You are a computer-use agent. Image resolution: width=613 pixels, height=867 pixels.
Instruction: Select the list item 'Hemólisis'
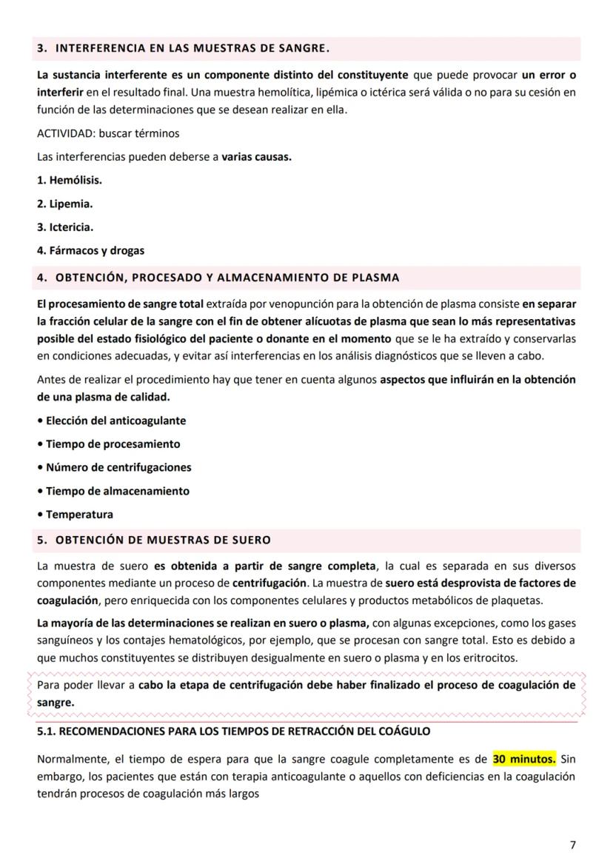click(70, 180)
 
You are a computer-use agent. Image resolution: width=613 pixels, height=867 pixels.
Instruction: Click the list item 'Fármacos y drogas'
click(90, 251)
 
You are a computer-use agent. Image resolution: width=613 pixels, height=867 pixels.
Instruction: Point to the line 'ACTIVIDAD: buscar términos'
click(108, 134)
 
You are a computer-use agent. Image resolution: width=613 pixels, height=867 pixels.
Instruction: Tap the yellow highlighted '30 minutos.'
click(524, 759)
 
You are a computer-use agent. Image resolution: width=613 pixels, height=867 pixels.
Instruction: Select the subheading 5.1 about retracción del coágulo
click(234, 732)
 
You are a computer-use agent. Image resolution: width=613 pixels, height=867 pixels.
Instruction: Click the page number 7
click(572, 845)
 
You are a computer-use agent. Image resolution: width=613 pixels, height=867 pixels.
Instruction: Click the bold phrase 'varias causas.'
click(256, 158)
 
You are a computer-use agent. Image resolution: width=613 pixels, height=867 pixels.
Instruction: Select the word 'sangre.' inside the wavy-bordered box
click(56, 702)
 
